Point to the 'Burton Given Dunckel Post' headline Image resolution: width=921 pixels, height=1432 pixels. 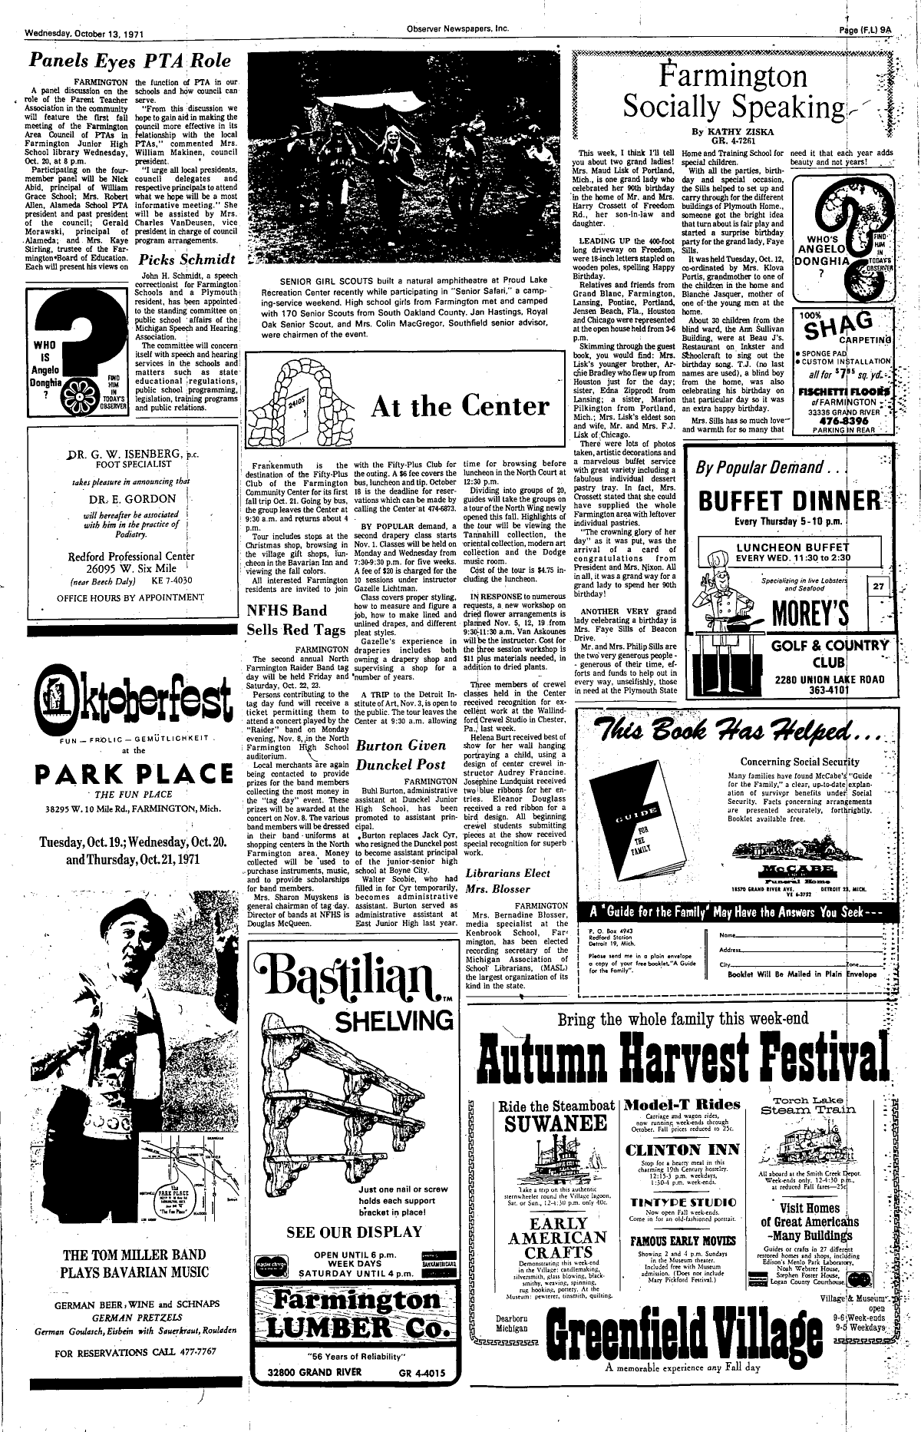[x=401, y=755]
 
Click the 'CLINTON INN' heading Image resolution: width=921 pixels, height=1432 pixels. [x=682, y=1150]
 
